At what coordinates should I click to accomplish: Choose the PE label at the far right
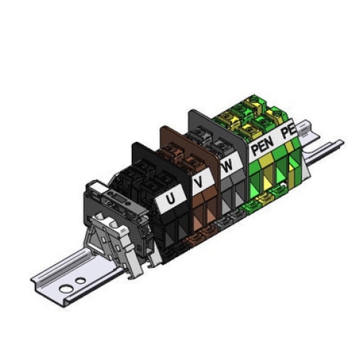[288, 132]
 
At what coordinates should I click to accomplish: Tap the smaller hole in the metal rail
[81, 279]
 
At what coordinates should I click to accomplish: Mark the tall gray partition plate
[198, 126]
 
